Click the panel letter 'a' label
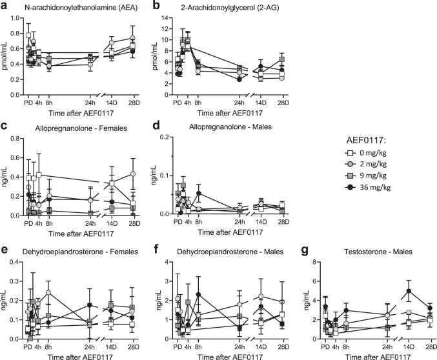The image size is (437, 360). [5, 6]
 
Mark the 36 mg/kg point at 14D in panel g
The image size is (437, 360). [408, 291]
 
